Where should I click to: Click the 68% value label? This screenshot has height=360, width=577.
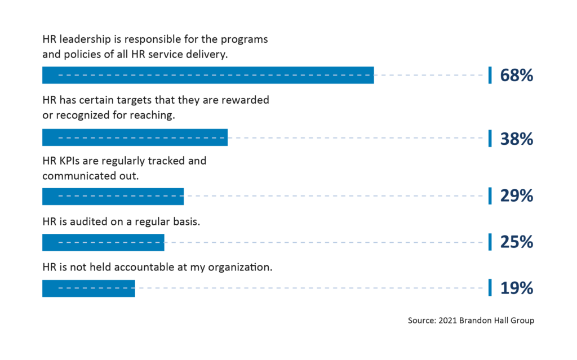(x=516, y=75)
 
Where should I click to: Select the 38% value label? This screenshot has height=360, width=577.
(x=516, y=138)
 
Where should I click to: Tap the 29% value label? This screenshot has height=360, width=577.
(x=516, y=196)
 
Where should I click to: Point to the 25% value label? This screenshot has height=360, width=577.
(x=516, y=242)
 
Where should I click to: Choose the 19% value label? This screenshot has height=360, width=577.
(x=516, y=288)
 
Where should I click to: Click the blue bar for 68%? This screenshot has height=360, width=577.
(x=208, y=75)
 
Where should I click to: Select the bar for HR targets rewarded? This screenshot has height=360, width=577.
(x=135, y=137)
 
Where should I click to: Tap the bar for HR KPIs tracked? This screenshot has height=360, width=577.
(x=113, y=196)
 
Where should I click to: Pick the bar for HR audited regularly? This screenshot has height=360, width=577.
(x=103, y=242)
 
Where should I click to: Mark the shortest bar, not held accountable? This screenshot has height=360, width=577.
(x=88, y=288)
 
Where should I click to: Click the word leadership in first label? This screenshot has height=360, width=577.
(x=87, y=41)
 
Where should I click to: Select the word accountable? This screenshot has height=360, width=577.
(x=144, y=268)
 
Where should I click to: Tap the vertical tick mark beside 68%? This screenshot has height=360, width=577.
(x=490, y=75)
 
